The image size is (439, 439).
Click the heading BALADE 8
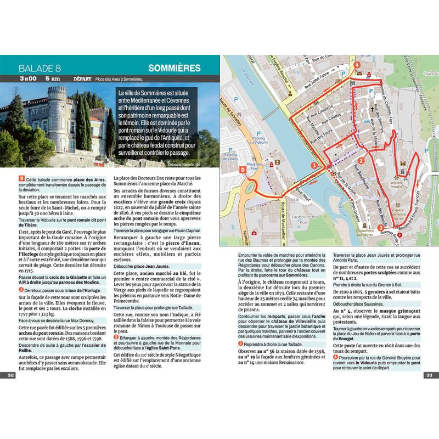39,69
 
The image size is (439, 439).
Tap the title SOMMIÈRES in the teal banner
174,68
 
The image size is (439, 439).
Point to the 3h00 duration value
27,79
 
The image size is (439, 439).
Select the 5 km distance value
53,79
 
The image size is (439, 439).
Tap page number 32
10,375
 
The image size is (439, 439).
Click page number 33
429,375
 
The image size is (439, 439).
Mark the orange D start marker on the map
243,171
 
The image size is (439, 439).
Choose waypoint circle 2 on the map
362,161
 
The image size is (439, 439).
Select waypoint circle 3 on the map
381,228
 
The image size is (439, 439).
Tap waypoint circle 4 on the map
357,65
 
